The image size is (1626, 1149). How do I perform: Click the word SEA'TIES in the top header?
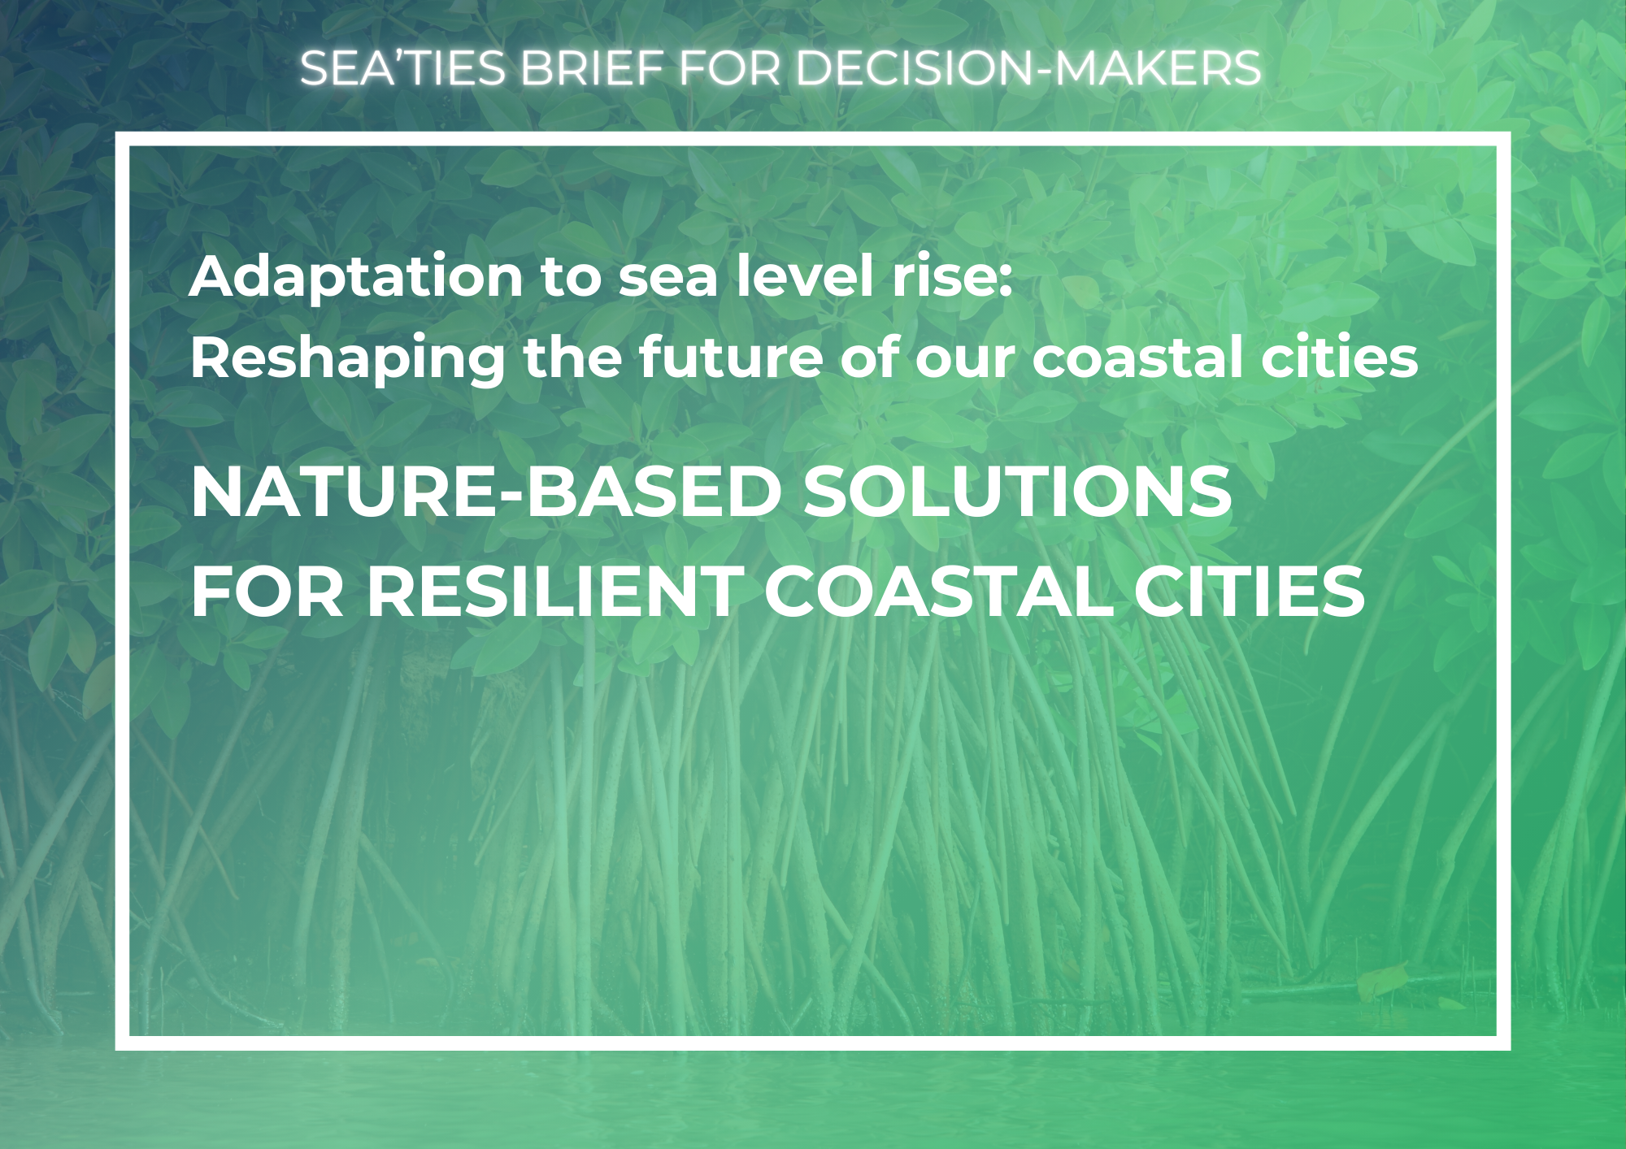click(x=403, y=67)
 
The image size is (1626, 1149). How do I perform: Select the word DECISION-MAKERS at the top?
click(x=1028, y=67)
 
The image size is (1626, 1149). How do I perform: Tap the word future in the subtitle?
click(x=730, y=357)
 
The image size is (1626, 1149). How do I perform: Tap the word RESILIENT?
click(x=555, y=592)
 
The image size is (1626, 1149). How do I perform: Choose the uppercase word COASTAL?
click(x=939, y=592)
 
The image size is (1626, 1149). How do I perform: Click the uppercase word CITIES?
click(x=1250, y=592)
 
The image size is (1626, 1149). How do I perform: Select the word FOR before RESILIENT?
click(x=268, y=592)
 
